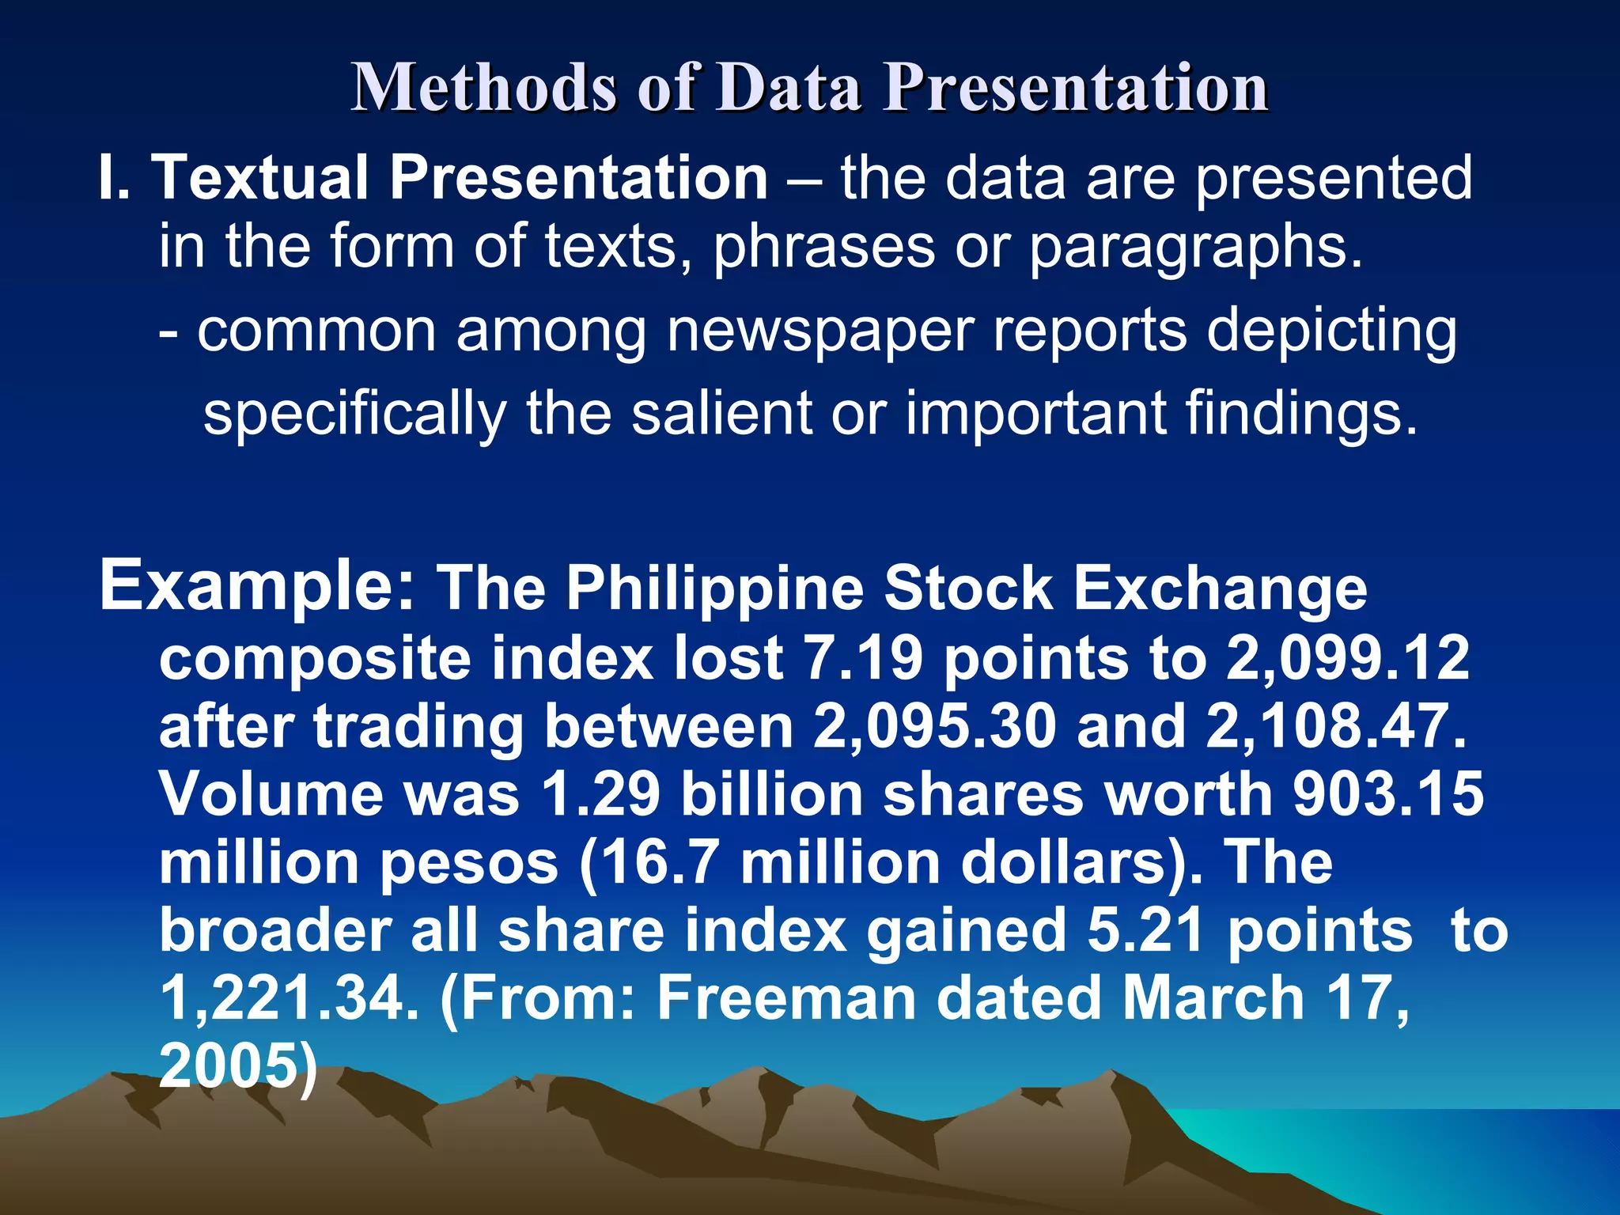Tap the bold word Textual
(x=260, y=177)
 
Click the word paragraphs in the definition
(x=1194, y=247)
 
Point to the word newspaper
(x=819, y=331)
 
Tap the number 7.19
(x=862, y=658)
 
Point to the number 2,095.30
(x=934, y=726)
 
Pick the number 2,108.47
(x=1336, y=726)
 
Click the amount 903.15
(x=1388, y=794)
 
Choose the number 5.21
(x=1147, y=930)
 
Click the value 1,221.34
(x=289, y=998)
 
